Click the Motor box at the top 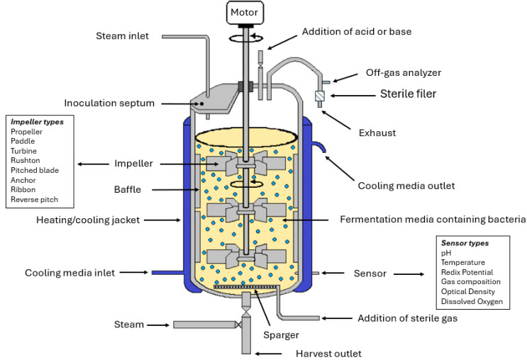[245, 12]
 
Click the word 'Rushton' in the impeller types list [26, 161]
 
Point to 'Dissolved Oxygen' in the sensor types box [472, 302]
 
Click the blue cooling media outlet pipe [320, 147]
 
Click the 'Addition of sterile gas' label [408, 317]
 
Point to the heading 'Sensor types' [465, 242]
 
